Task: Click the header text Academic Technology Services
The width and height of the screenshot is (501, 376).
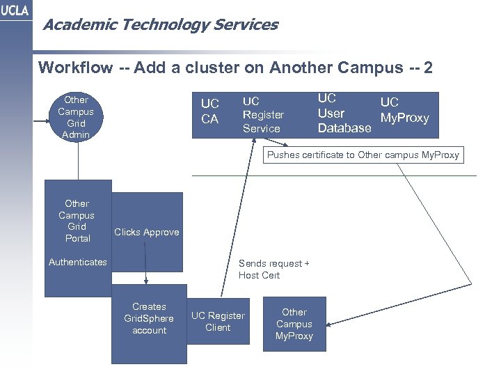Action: pyautogui.click(x=160, y=26)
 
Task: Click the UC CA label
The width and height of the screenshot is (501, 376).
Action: pyautogui.click(x=210, y=111)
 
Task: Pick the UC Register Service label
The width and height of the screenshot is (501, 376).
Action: pyautogui.click(x=263, y=115)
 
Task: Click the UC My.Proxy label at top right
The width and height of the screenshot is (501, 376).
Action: pyautogui.click(x=404, y=110)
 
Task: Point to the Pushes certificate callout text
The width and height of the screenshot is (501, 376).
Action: pyautogui.click(x=363, y=155)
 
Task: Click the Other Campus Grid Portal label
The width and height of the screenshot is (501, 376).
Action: pyautogui.click(x=77, y=220)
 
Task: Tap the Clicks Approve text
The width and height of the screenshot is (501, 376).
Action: pyautogui.click(x=146, y=232)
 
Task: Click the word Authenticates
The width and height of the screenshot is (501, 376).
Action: pyautogui.click(x=77, y=263)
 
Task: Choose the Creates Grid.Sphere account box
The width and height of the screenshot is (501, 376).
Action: pyautogui.click(x=149, y=318)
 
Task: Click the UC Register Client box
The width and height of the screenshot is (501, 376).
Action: pyautogui.click(x=218, y=321)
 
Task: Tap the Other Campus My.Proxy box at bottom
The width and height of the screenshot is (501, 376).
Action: pyautogui.click(x=294, y=324)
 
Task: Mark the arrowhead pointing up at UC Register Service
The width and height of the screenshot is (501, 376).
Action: pyautogui.click(x=248, y=141)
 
